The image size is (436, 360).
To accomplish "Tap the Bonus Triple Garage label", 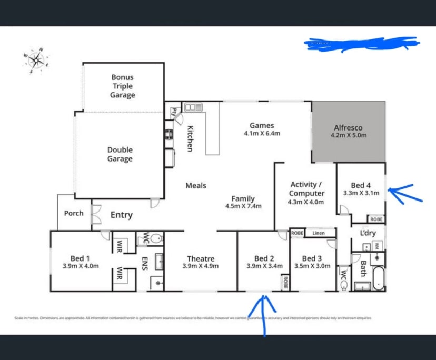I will pos(122,86).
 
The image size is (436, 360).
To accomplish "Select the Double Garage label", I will pos(120,154).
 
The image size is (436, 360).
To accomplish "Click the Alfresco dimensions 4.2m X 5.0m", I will pos(349,135).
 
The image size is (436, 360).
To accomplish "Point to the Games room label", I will pos(262,125).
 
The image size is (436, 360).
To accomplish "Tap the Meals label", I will pos(196,186).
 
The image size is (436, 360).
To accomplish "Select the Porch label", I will pos(74,213).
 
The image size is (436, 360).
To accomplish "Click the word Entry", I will pos(121,215).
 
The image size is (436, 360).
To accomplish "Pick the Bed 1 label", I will pos(80,258).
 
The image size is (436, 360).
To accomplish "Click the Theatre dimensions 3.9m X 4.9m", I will pos(201,266).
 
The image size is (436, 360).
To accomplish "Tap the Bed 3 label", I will pos(312,258).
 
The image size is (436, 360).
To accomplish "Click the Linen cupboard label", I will pos(319,233).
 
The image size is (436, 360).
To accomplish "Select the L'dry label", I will pos(367,233).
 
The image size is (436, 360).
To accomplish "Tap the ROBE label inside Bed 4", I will pos(376,219).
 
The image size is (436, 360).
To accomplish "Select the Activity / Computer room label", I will pos(307,189).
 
